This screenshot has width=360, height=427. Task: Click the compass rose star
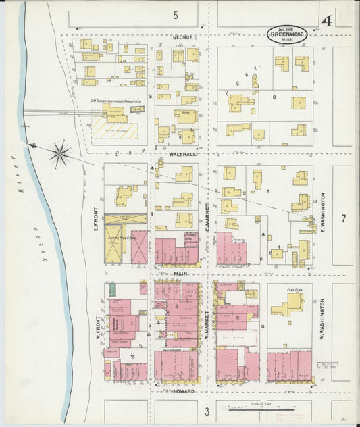[60, 154]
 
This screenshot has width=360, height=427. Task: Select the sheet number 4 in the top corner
[327, 22]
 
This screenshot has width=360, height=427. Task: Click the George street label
[182, 37]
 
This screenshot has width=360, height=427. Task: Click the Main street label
[180, 274]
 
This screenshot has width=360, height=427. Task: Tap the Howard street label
[184, 391]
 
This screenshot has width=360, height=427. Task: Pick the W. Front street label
[97, 327]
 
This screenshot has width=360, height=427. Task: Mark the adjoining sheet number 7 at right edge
[343, 218]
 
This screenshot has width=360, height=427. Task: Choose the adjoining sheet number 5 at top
[175, 15]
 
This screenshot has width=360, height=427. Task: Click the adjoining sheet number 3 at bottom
[207, 411]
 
